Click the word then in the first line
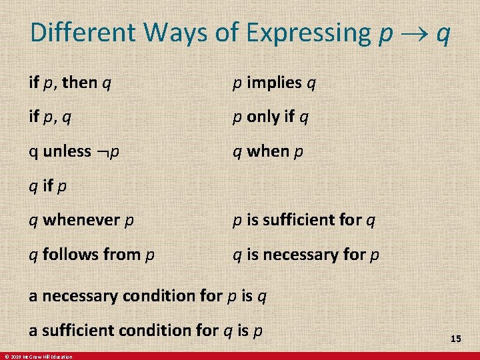79,83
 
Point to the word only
262,117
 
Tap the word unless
67,151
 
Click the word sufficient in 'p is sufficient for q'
300,219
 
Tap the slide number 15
455,339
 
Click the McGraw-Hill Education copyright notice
37,357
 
